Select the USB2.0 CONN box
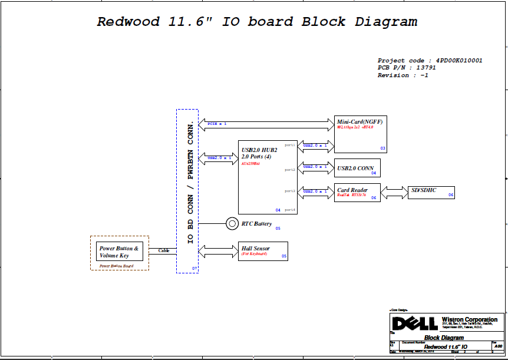coord(357,169)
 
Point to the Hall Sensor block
coord(263,252)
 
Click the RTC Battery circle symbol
coord(232,223)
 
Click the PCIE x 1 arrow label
coord(217,124)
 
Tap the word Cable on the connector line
coord(163,250)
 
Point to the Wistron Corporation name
coord(469,319)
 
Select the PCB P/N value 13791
coord(425,68)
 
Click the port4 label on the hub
coord(289,210)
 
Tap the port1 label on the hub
coord(289,145)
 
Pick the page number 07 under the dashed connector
coord(194,269)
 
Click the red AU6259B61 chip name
coord(251,163)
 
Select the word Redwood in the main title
coord(128,22)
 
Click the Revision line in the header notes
coord(403,75)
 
